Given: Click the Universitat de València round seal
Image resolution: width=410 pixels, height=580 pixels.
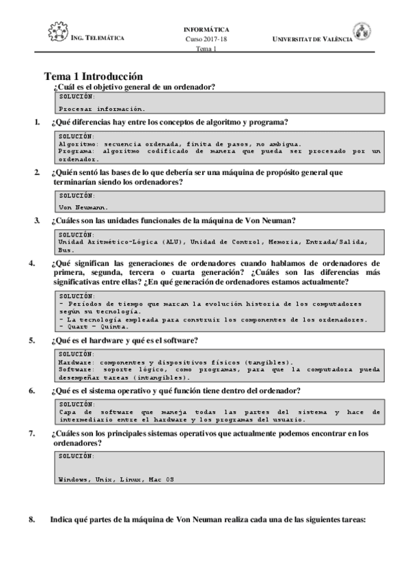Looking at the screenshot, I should point(362,31).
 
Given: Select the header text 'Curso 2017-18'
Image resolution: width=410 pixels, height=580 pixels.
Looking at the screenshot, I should point(206,39).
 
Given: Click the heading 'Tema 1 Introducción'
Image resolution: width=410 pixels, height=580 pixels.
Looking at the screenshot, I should point(93,77).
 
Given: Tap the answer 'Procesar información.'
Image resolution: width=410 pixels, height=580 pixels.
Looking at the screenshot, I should point(102,108).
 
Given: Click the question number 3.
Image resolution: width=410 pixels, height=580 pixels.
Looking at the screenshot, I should point(37,220).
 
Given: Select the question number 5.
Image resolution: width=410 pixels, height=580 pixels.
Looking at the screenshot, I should point(32,340).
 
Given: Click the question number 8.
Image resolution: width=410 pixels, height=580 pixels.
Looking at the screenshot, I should point(32,519).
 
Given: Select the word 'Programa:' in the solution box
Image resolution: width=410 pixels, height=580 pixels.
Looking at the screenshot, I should point(76,151).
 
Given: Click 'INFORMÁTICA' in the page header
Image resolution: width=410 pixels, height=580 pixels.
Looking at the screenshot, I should point(206,30).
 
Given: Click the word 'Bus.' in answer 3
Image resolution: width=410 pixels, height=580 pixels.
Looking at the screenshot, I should point(66,250).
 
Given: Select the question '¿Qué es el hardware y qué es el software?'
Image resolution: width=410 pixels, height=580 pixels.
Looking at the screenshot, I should point(124,340).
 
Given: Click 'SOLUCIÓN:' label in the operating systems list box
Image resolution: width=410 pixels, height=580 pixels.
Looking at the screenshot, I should point(77,455).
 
